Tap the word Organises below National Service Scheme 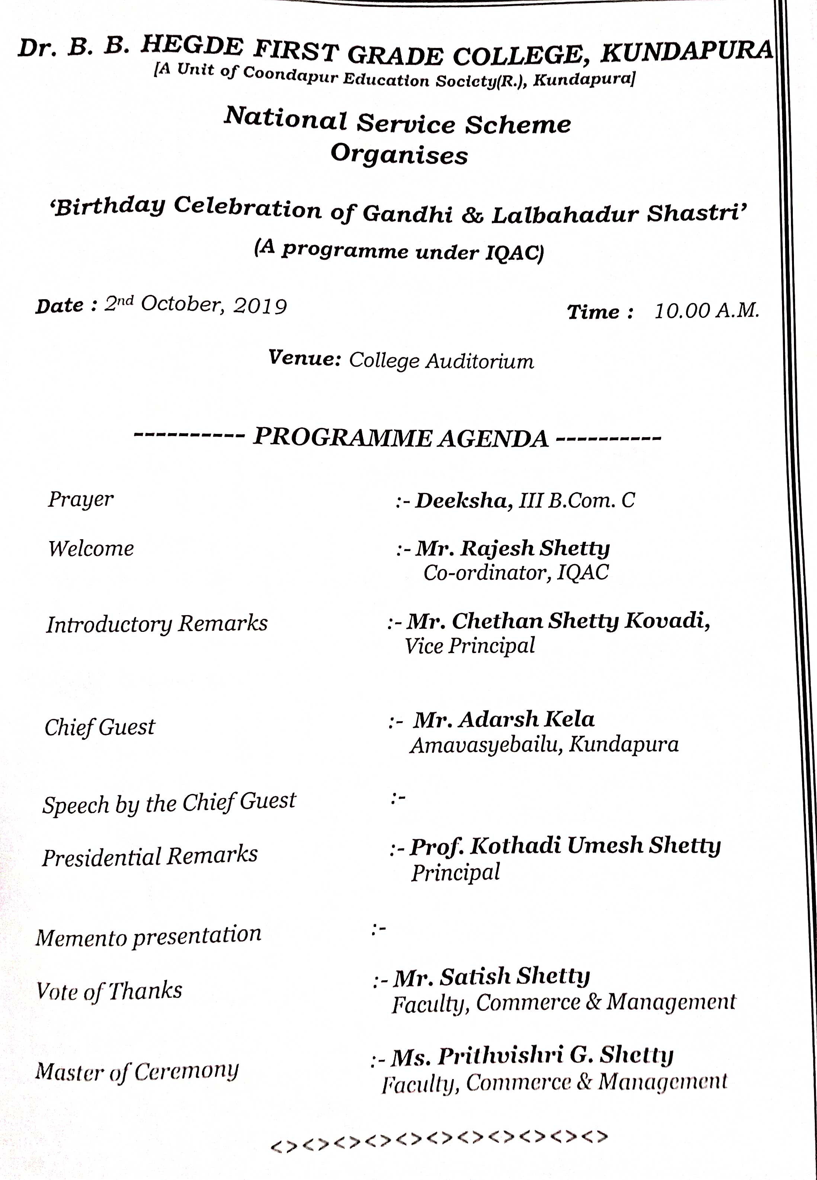399,154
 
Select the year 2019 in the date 260,306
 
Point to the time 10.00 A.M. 707,311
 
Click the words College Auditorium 441,361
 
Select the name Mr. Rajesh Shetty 512,548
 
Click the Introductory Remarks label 157,624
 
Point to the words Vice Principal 470,646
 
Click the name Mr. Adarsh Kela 504,720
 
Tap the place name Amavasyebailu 485,745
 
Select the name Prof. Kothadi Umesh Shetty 565,846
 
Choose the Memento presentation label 148,936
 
